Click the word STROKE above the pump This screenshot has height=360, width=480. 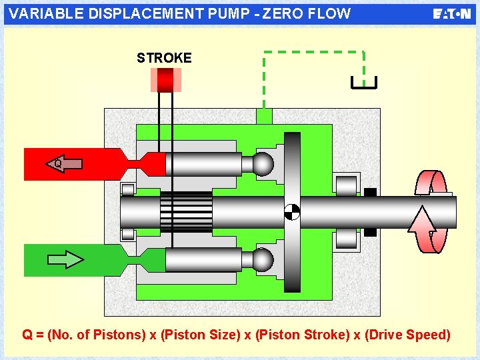(164, 58)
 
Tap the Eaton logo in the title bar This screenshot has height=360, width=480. (451, 14)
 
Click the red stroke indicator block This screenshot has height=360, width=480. (165, 80)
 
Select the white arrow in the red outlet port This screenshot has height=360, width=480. (64, 163)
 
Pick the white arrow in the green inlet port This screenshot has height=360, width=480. (66, 259)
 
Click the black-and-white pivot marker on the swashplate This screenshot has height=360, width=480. (292, 212)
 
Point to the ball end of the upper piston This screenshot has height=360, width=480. (263, 164)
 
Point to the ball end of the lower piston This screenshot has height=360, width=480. (263, 259)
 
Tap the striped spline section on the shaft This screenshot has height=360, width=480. (186, 212)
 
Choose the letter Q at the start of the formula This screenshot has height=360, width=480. (27, 335)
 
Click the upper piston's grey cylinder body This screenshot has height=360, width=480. (203, 164)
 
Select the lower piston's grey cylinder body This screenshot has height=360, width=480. (203, 259)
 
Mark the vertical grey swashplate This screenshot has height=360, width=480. (292, 173)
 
